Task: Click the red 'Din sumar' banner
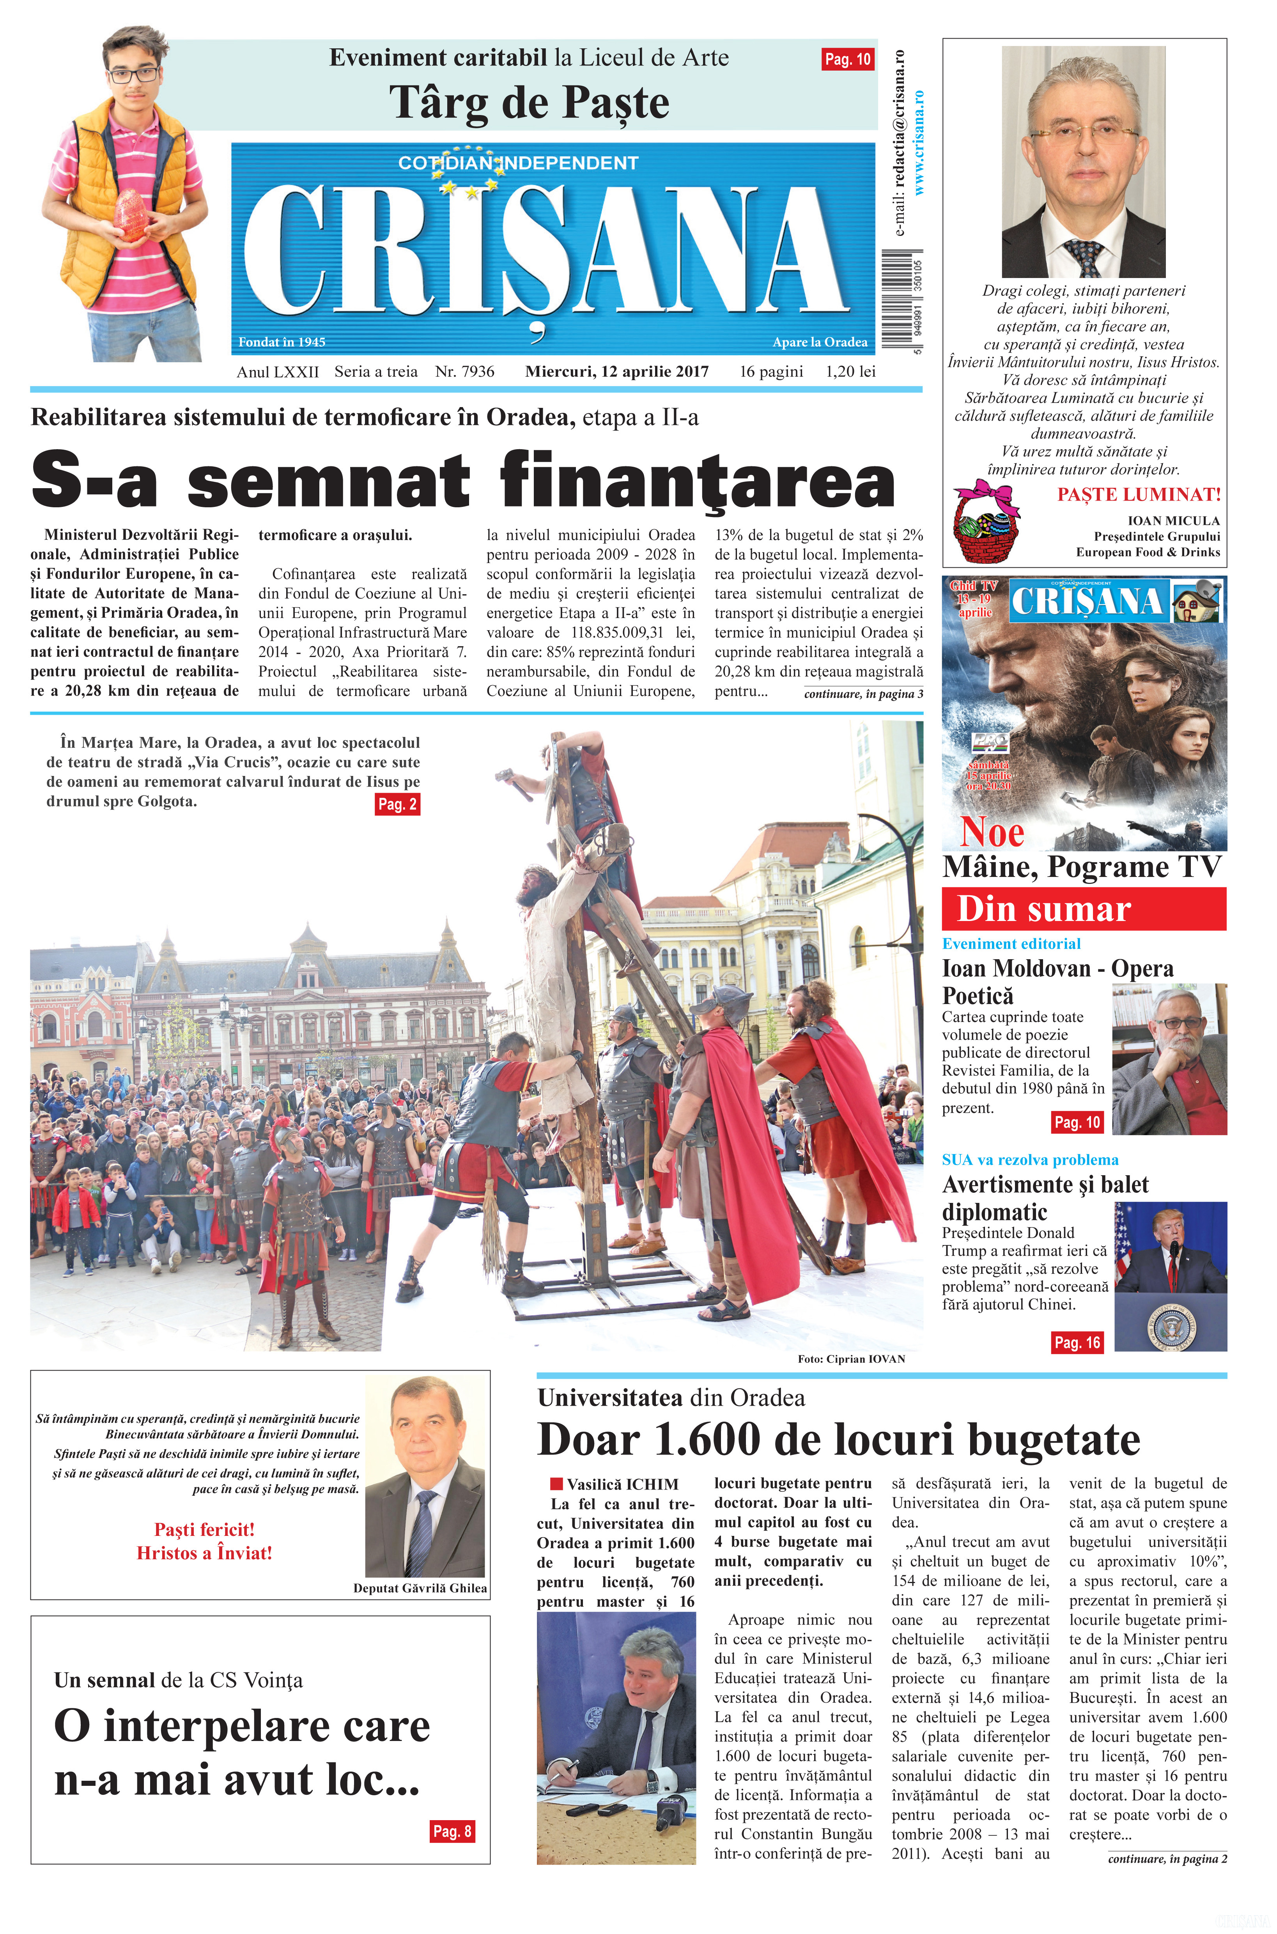click(1083, 909)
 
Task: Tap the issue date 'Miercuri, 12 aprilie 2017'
click(616, 371)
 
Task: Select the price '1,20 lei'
click(850, 371)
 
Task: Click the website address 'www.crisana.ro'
click(919, 142)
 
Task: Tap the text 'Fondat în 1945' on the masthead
click(282, 342)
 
